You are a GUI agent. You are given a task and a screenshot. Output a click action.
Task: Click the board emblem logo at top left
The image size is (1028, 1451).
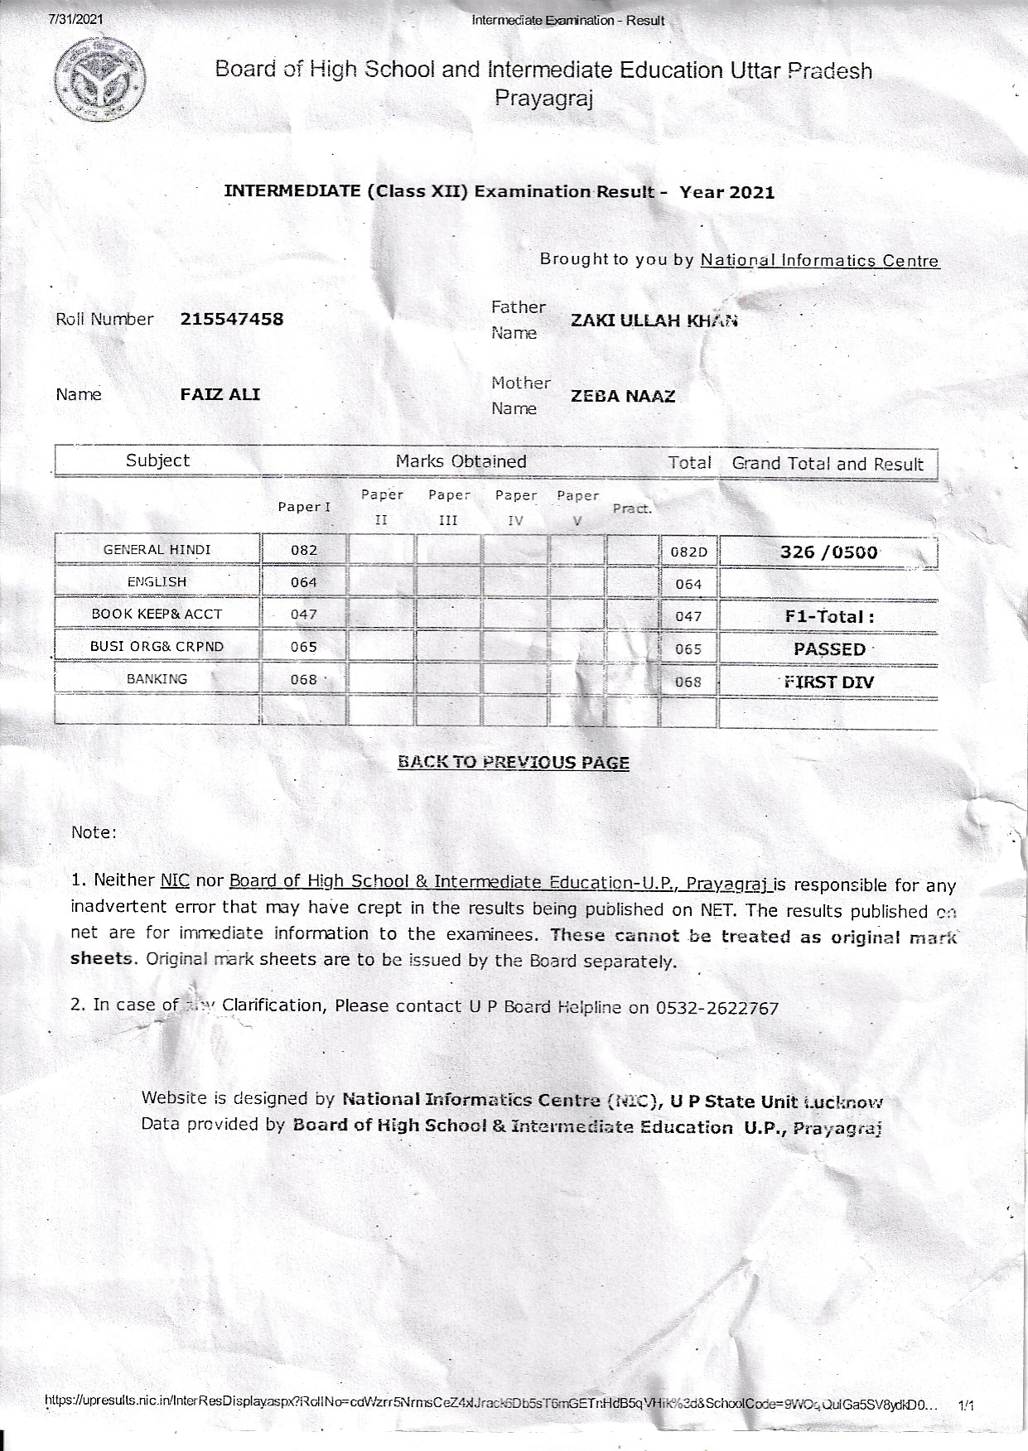[99, 80]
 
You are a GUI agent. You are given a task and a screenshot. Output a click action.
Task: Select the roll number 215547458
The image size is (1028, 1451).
[232, 320]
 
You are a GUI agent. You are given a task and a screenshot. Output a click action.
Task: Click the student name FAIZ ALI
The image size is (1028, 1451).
[220, 395]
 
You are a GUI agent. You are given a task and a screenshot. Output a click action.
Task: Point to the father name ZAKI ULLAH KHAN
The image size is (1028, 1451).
[654, 321]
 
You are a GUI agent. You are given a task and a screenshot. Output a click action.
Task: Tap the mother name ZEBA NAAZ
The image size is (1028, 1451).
[623, 397]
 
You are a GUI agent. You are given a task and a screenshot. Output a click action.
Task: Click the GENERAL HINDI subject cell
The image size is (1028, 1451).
[157, 550]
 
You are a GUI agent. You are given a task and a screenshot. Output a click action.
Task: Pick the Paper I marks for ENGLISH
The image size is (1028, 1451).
[304, 582]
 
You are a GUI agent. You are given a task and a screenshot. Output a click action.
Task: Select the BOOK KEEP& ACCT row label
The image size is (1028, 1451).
[157, 615]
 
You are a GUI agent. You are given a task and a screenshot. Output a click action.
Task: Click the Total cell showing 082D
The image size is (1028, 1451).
[688, 552]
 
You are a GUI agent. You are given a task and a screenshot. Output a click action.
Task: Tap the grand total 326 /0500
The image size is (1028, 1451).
[828, 552]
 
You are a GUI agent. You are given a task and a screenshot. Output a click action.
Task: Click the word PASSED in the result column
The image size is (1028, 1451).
[829, 649]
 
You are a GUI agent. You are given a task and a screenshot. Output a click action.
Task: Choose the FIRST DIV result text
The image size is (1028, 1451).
[829, 682]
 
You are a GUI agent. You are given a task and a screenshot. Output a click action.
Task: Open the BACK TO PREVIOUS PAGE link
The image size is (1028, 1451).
[514, 763]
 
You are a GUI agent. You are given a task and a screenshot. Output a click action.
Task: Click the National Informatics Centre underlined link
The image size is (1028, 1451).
[819, 261]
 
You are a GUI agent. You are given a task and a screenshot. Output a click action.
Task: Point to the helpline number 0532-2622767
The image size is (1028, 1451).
[717, 1009]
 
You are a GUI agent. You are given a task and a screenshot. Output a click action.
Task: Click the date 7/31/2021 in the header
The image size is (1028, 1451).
[77, 19]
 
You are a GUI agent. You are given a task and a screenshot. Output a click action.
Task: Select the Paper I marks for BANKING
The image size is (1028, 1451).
[304, 680]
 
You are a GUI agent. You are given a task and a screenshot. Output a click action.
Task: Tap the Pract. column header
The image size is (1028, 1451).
[632, 509]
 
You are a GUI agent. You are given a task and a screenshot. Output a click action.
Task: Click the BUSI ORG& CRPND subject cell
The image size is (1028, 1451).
[157, 647]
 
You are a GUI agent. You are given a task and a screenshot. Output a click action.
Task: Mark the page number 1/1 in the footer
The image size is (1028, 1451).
[966, 1405]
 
